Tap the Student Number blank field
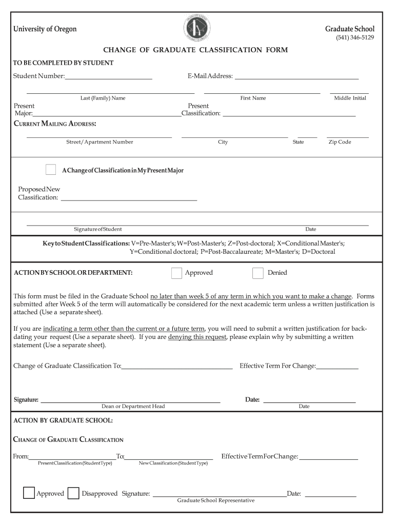tap(109, 76)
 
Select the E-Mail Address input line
tap(297, 76)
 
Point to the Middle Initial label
tap(350, 98)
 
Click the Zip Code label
tap(340, 142)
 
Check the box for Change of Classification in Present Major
tap(51, 170)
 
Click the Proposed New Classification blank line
tap(129, 197)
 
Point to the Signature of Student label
tap(98, 229)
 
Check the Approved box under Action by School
tap(176, 273)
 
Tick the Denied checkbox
tap(258, 273)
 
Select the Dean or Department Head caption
tap(133, 407)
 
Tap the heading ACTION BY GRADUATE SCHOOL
tap(63, 420)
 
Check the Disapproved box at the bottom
tap(73, 493)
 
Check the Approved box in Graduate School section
tap(29, 493)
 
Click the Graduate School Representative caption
tap(215, 500)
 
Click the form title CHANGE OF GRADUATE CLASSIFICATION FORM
tap(195, 50)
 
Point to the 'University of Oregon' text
tap(45, 29)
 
